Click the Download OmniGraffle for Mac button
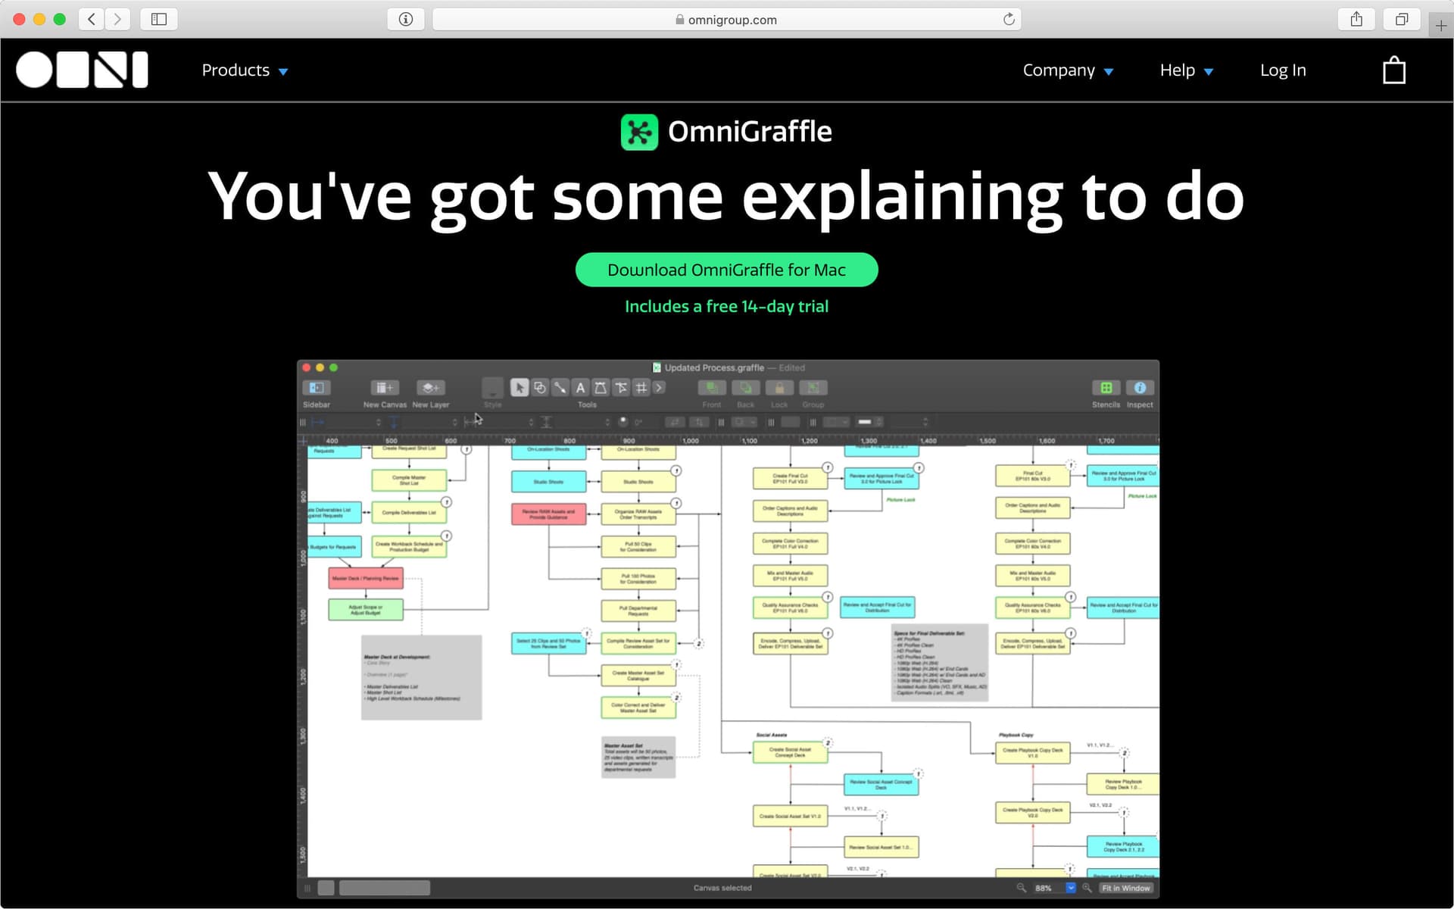726,270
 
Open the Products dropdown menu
244,70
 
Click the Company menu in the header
1067,70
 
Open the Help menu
1186,70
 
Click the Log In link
1282,70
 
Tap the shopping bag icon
1393,71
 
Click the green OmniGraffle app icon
639,132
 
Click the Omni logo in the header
82,70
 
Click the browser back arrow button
92,19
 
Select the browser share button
1356,19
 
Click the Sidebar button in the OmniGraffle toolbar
317,388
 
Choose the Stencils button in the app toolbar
1106,388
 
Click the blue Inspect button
1139,388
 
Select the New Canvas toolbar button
384,388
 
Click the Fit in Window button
1125,888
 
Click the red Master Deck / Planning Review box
365,578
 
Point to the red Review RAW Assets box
548,514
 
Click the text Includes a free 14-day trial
726,306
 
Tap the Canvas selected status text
722,888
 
